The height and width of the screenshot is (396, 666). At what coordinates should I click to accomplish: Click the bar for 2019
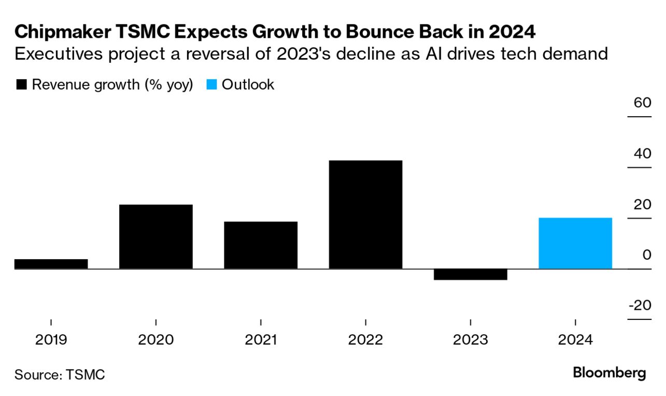(51, 264)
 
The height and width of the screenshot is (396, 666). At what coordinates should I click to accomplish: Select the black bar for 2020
(155, 236)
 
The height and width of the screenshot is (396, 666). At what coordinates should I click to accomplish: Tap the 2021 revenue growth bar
(261, 245)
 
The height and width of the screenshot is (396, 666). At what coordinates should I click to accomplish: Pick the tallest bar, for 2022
(365, 215)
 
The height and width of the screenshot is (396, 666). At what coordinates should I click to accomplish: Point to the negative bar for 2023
(470, 274)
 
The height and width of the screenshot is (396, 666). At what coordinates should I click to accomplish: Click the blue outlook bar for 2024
(575, 243)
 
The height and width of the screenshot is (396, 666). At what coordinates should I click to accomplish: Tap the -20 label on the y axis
(640, 305)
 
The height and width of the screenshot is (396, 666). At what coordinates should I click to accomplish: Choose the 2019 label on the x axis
(51, 340)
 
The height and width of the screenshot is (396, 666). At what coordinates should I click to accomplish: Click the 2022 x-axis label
(365, 340)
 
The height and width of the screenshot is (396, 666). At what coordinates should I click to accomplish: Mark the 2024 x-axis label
(575, 340)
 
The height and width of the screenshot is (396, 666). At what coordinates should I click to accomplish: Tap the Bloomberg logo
(610, 373)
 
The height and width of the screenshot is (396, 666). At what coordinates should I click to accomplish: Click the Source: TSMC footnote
(60, 374)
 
